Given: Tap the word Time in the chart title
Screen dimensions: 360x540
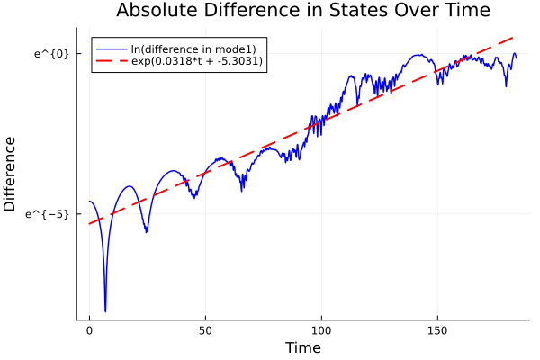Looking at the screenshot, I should pyautogui.click(x=463, y=11).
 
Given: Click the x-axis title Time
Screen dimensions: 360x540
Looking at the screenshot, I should pyautogui.click(x=302, y=347).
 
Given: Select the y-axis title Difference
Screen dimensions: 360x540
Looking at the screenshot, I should pyautogui.click(x=11, y=174).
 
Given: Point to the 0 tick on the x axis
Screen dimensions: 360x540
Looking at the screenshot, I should pyautogui.click(x=89, y=331).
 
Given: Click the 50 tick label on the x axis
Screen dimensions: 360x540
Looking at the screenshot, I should pyautogui.click(x=205, y=331).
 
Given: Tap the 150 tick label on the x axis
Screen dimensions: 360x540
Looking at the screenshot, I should pyautogui.click(x=437, y=331).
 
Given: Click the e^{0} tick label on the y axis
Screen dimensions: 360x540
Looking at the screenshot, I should pyautogui.click(x=51, y=53).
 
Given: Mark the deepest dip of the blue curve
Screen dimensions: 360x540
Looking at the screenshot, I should pyautogui.click(x=105, y=311).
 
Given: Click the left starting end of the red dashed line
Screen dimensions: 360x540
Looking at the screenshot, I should pyautogui.click(x=89, y=223).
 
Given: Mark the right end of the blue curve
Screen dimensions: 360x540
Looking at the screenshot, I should pyautogui.click(x=516, y=57).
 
